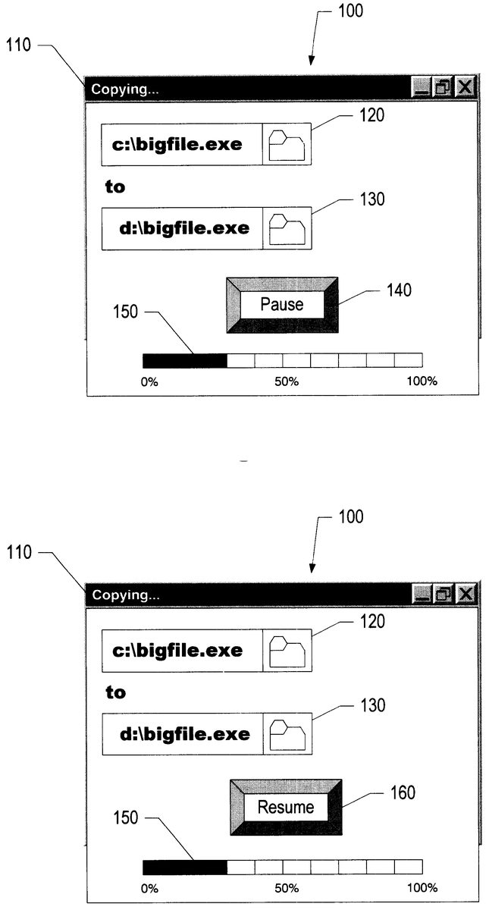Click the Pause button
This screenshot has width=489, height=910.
(282, 305)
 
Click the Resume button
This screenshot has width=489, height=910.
(286, 807)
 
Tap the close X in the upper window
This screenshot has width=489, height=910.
(465, 87)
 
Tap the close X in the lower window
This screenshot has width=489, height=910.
(465, 594)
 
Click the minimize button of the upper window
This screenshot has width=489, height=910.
(422, 87)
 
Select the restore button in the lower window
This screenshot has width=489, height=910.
(444, 594)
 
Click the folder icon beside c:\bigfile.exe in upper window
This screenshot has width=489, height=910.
(287, 145)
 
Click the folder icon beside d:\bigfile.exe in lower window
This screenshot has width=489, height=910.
(287, 735)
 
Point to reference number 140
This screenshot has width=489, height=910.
(399, 290)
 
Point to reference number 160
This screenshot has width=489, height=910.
(403, 792)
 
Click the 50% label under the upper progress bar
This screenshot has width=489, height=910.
(287, 381)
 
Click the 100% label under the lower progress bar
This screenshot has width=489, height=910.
(422, 888)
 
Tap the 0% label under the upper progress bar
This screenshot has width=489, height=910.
(149, 382)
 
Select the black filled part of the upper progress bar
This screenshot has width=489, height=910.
(185, 361)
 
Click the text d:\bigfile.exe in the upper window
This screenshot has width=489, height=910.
(184, 228)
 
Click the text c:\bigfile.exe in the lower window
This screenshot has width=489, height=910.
(177, 651)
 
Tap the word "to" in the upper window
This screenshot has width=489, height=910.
(115, 187)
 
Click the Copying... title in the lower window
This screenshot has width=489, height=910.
(126, 595)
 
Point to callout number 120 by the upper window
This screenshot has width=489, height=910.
(372, 115)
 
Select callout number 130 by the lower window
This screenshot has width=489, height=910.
(373, 706)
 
